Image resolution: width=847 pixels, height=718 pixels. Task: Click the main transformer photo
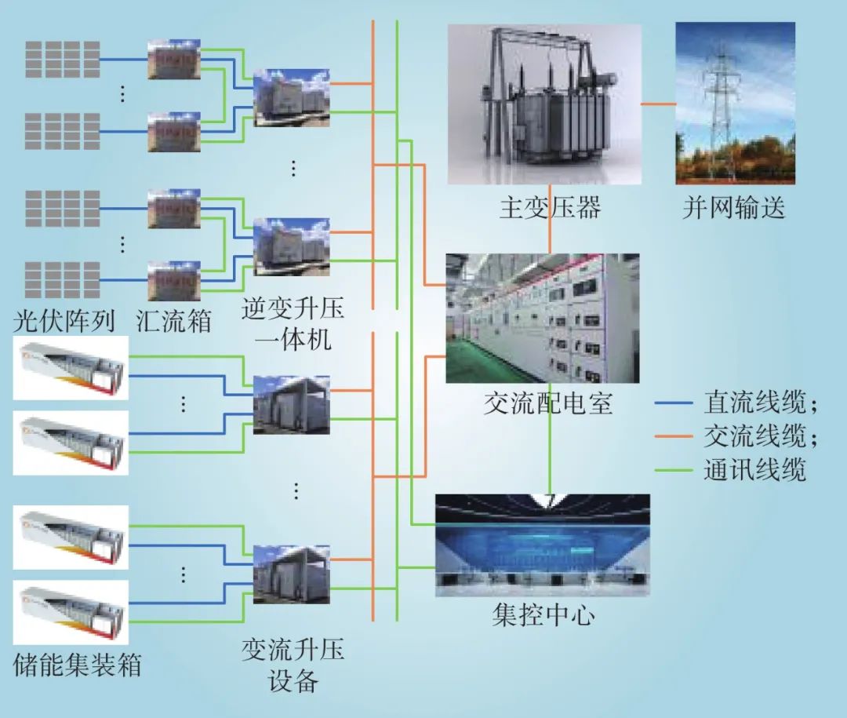pyautogui.click(x=543, y=104)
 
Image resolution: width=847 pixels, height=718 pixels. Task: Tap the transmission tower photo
pyautogui.click(x=735, y=103)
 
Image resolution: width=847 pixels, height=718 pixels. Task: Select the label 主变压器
pyautogui.click(x=550, y=208)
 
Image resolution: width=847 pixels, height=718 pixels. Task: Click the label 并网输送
pyautogui.click(x=733, y=208)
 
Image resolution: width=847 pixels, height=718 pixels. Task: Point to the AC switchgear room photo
pyautogui.click(x=542, y=318)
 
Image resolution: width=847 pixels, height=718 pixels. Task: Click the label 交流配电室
pyautogui.click(x=548, y=403)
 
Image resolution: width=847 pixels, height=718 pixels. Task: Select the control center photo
pyautogui.click(x=542, y=545)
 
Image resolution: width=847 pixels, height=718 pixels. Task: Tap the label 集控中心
pyautogui.click(x=543, y=614)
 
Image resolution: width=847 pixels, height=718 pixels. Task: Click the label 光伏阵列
pyautogui.click(x=64, y=320)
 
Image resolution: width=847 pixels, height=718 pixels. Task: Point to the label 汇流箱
pyautogui.click(x=173, y=320)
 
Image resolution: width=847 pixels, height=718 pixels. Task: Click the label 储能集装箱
pyautogui.click(x=78, y=666)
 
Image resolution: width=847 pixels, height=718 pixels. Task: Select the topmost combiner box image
pyautogui.click(x=174, y=59)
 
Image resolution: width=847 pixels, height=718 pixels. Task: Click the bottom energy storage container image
pyautogui.click(x=71, y=612)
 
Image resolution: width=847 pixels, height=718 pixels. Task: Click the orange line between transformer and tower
pyautogui.click(x=658, y=104)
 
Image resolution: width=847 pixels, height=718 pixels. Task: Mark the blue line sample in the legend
pyautogui.click(x=674, y=404)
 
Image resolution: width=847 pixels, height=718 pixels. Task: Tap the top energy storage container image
pyautogui.click(x=71, y=367)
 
